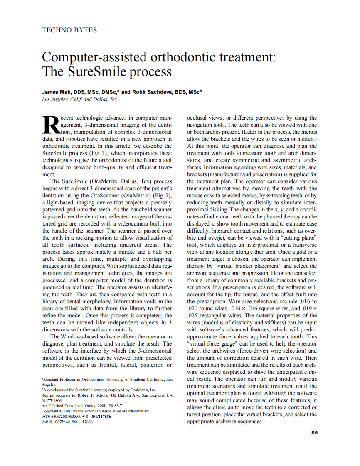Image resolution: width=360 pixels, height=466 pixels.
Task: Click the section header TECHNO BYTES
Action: coord(69,30)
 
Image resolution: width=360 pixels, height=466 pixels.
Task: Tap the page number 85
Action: coord(314,432)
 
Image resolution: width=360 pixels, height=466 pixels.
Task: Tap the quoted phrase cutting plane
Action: coord(297,238)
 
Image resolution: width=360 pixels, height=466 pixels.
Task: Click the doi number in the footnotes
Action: coord(67,421)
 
